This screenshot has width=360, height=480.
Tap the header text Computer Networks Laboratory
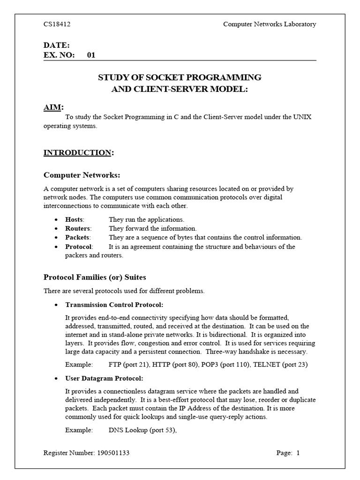pos(270,24)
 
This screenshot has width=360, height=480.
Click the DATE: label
pos(57,45)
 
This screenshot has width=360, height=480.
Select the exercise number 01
pos(91,55)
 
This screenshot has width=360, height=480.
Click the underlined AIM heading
pos(52,108)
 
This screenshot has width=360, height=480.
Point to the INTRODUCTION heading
pos(77,152)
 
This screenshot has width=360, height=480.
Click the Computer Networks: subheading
pos(82,175)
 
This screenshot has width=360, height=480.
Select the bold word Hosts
pos(74,219)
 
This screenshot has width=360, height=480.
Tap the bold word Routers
pos(77,228)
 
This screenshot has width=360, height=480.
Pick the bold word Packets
pos(77,237)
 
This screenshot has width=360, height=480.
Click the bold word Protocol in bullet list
pos(79,247)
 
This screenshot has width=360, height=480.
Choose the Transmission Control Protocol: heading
pos(114,304)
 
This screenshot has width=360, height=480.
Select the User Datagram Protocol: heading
pos(104,378)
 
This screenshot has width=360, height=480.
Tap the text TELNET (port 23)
pos(280,364)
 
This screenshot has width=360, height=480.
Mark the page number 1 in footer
pos(298,453)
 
